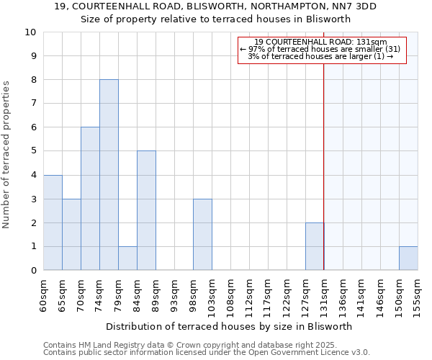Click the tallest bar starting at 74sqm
click(109, 174)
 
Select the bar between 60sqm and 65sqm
click(53, 222)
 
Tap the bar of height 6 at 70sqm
click(90, 198)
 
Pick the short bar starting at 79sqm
click(127, 258)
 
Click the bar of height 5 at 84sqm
click(146, 210)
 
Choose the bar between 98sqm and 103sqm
click(202, 234)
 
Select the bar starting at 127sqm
click(315, 246)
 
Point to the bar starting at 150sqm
click(408, 258)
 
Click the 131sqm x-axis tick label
click(324, 294)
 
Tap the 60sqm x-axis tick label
click(43, 294)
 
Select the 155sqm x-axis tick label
click(418, 294)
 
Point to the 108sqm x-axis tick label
click(230, 294)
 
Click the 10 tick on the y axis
click(31, 32)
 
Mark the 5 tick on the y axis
click(33, 151)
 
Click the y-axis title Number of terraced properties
click(6, 154)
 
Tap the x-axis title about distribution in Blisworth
click(228, 326)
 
